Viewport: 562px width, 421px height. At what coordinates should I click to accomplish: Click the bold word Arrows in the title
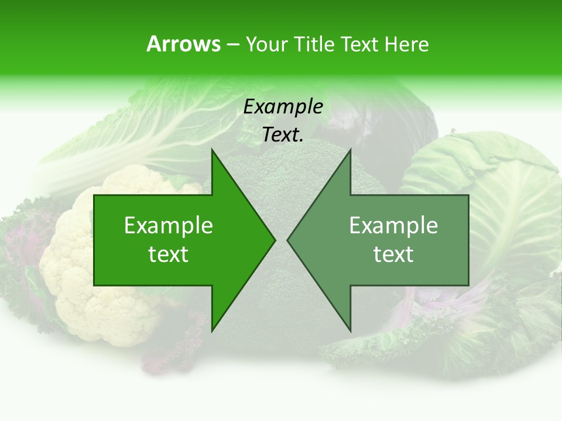tap(183, 44)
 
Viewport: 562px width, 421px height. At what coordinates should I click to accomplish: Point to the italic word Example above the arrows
tap(283, 107)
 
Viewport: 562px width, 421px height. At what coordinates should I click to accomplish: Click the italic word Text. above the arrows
tap(283, 135)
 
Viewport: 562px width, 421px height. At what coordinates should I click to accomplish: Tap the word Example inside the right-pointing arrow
tap(169, 226)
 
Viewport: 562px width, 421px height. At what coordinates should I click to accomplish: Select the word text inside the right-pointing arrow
tap(169, 254)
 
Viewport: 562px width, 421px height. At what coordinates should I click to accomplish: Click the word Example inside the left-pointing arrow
tap(393, 226)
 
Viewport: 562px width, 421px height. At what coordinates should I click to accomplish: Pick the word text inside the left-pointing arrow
tap(393, 254)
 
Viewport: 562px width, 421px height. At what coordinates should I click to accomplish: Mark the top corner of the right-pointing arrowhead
tap(213, 150)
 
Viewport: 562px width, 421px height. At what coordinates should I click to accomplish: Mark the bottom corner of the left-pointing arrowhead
tap(350, 330)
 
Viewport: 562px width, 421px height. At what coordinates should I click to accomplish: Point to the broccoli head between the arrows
tap(281, 175)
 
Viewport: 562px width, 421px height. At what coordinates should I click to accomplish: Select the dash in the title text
tap(232, 44)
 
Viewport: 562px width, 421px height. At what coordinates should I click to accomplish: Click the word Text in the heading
tap(359, 44)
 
